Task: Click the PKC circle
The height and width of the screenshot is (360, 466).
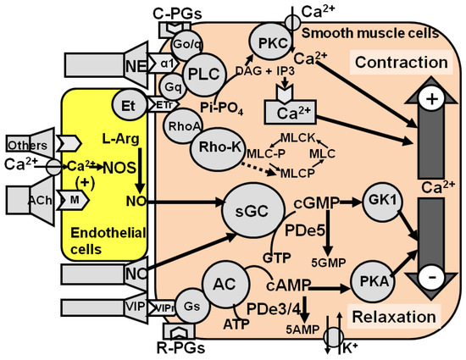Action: [x=269, y=42]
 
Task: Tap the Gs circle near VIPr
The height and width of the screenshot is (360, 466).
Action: [x=169, y=306]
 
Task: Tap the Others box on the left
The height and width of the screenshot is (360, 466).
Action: [x=25, y=140]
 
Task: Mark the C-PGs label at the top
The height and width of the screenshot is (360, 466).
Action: [x=175, y=11]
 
